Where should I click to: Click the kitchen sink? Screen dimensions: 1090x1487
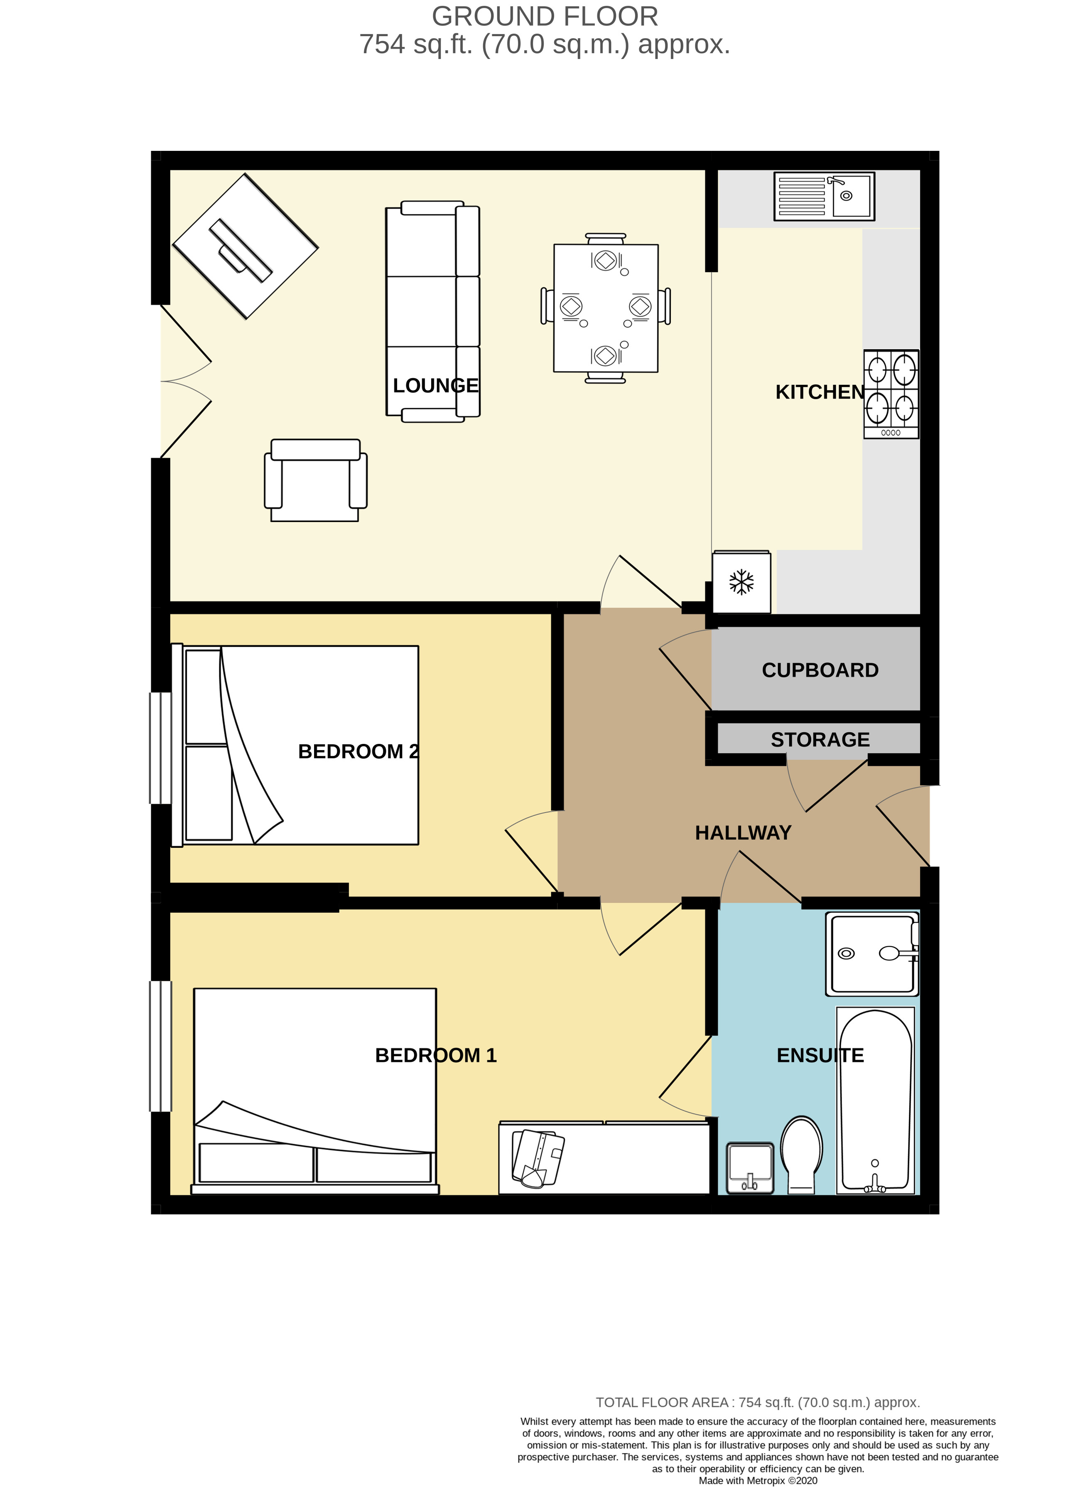[824, 196]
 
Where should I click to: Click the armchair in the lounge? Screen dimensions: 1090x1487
[315, 480]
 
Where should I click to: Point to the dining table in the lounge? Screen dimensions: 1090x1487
[606, 308]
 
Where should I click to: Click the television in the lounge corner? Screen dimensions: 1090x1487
[245, 246]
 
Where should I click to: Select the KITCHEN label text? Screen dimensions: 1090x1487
[820, 392]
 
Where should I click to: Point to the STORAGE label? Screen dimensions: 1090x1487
[820, 739]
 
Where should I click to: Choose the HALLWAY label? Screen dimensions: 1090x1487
[743, 832]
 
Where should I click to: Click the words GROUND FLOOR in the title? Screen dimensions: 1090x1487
[545, 17]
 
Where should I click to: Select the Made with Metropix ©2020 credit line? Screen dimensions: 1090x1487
[758, 1480]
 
